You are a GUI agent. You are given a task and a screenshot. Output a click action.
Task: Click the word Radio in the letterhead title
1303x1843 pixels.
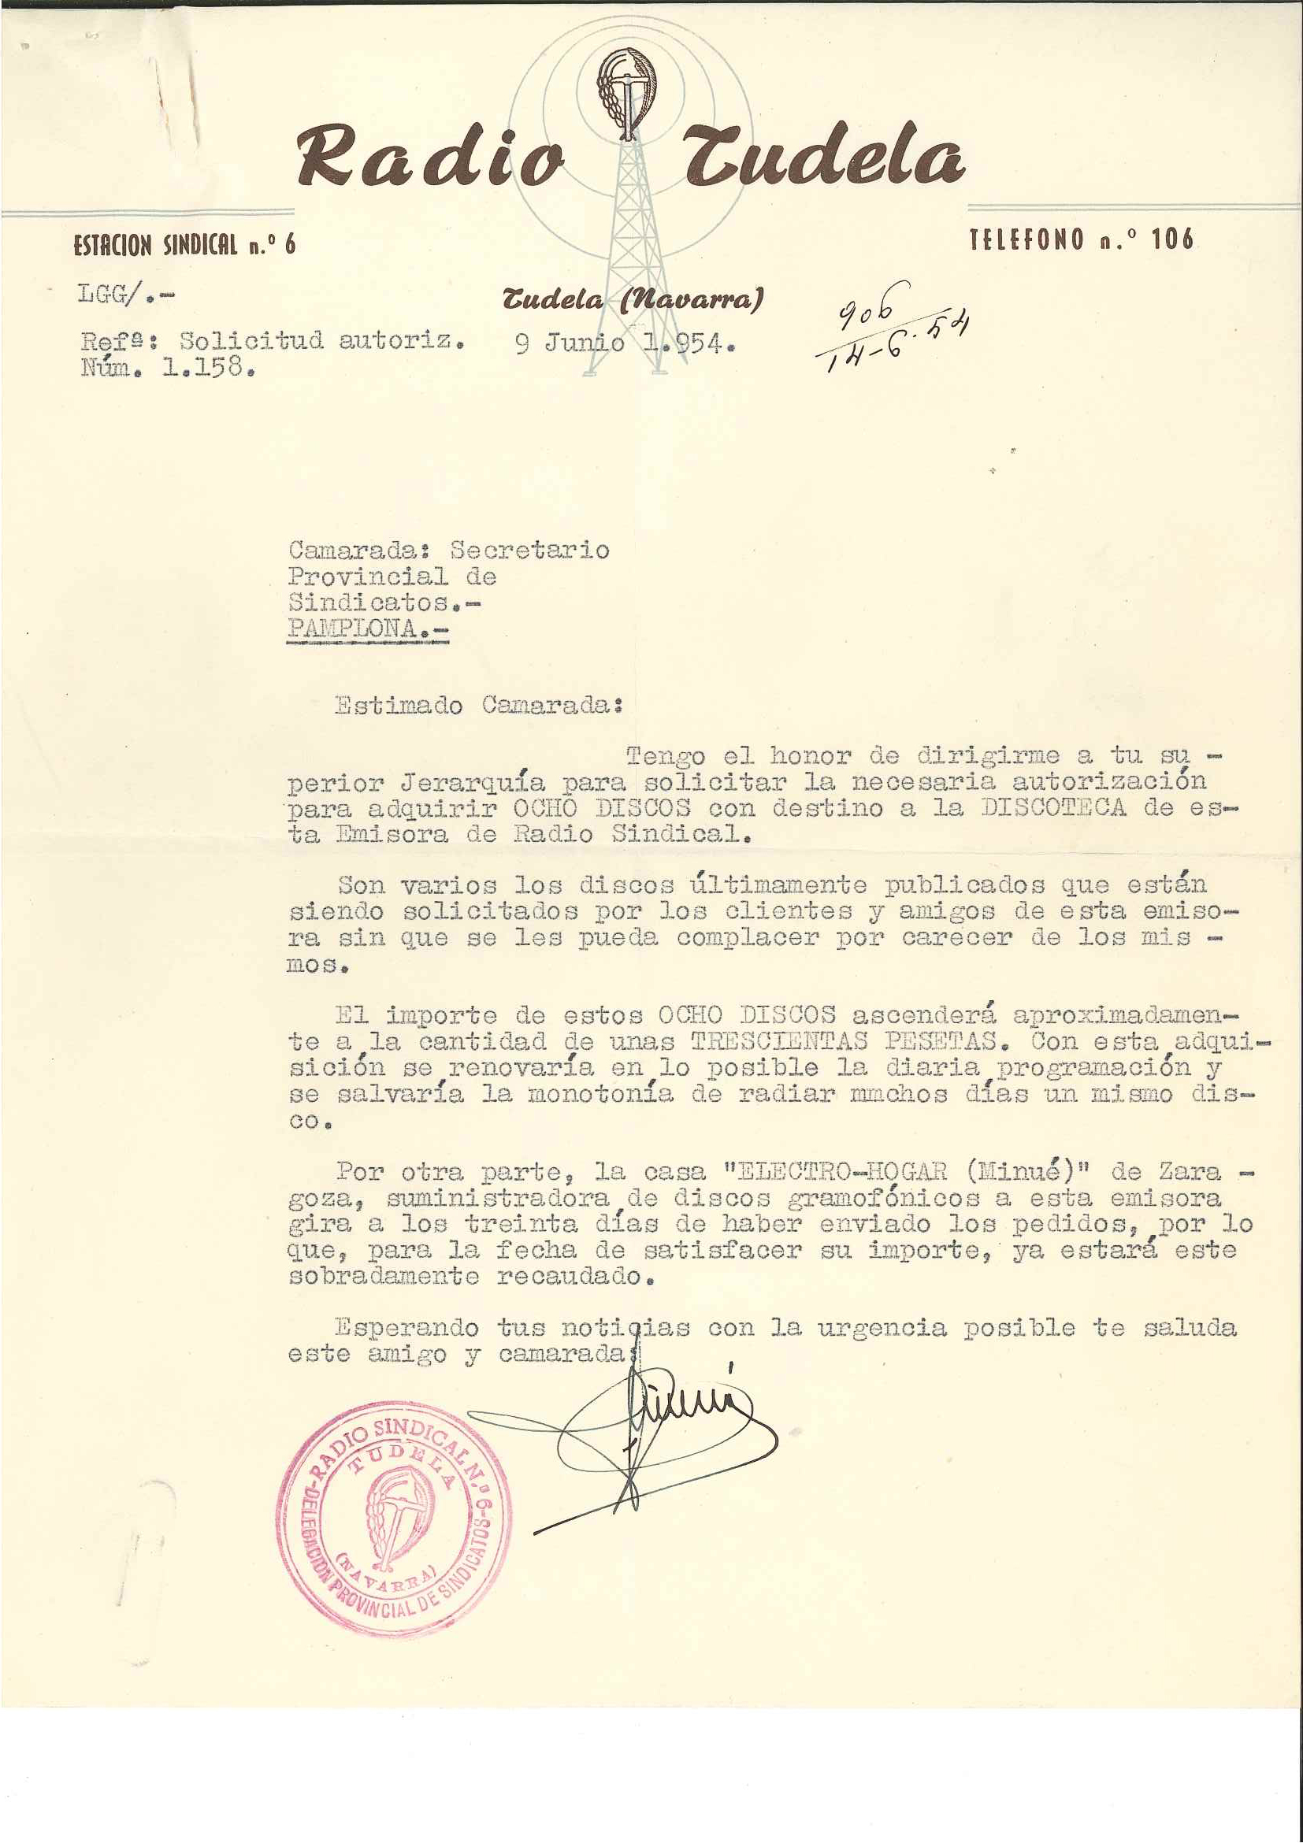coord(429,156)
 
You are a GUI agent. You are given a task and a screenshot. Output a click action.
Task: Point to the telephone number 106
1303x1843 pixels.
coord(1172,239)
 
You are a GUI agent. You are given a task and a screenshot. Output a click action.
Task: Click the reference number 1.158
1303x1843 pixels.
coord(209,369)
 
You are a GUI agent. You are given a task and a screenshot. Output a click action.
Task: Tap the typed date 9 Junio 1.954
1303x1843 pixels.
coord(625,343)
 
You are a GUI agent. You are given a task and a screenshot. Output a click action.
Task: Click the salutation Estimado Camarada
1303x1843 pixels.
coord(478,706)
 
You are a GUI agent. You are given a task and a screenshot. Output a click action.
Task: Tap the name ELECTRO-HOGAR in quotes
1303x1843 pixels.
coord(841,1171)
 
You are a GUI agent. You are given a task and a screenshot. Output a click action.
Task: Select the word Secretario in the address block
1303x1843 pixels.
coord(529,550)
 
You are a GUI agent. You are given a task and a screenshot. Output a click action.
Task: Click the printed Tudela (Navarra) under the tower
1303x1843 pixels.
coord(632,299)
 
